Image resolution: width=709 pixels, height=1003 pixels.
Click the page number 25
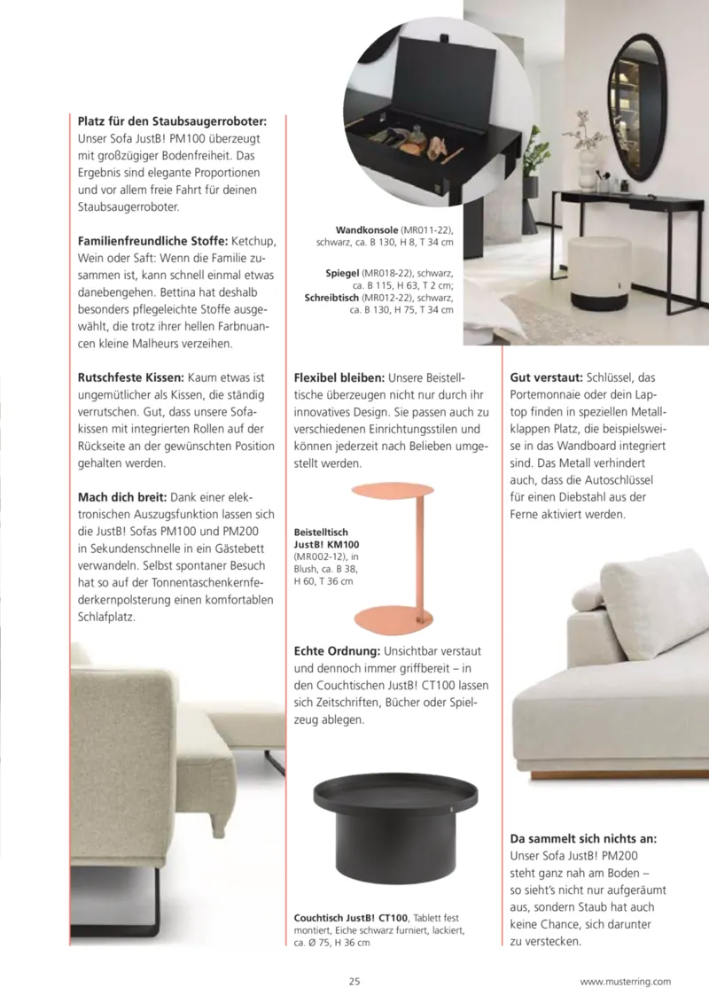[354, 981]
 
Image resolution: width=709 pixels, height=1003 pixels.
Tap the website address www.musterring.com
[626, 981]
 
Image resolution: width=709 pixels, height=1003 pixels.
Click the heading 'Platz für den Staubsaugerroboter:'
[172, 121]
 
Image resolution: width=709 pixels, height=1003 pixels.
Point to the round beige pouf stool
[596, 270]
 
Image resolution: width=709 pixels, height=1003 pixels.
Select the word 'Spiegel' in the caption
[341, 274]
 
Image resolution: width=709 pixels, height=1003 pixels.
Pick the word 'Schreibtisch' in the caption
[332, 299]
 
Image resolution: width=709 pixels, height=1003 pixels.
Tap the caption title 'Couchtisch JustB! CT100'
[351, 917]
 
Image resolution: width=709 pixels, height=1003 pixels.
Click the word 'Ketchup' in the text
[256, 240]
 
